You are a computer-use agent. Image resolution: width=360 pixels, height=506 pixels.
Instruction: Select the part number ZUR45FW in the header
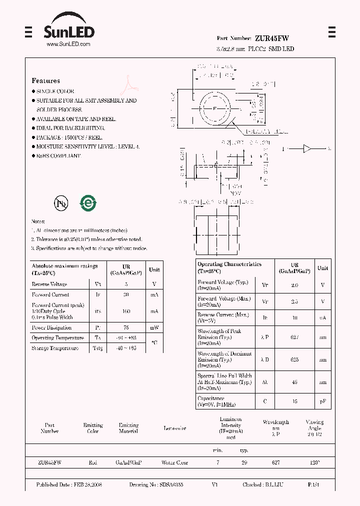[x=271, y=38]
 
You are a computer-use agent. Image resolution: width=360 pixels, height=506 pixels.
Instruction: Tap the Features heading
[x=45, y=80]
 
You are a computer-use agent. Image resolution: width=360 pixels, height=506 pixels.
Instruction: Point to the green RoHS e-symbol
[x=88, y=203]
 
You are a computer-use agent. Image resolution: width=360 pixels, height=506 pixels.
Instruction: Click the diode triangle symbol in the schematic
[x=307, y=148]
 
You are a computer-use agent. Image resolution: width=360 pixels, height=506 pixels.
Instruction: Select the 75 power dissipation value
[x=126, y=328]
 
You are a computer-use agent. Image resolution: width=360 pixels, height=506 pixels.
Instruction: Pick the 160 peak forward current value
[x=126, y=311]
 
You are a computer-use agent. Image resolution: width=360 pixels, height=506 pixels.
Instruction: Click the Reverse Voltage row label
[x=49, y=284]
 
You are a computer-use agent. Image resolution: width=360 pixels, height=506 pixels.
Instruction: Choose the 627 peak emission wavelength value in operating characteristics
[x=294, y=337]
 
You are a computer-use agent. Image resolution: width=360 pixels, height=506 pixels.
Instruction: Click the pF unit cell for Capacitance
[x=323, y=401]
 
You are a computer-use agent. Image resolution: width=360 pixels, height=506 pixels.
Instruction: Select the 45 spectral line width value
[x=294, y=382]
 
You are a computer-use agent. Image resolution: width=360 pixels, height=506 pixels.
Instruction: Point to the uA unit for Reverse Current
[x=323, y=318]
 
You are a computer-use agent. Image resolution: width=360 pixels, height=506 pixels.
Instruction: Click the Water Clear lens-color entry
[x=174, y=463]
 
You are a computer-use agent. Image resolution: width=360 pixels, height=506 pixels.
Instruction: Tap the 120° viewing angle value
[x=314, y=463]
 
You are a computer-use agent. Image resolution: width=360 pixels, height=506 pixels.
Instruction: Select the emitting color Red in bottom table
[x=93, y=463]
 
